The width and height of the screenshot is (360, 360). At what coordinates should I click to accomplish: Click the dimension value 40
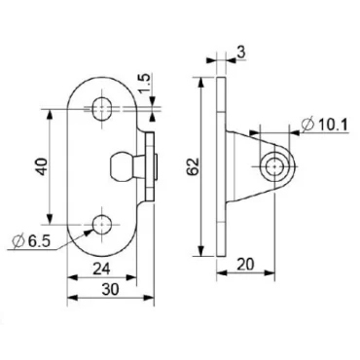tap(39, 167)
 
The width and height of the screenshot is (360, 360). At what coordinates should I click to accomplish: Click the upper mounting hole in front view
tap(101, 107)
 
